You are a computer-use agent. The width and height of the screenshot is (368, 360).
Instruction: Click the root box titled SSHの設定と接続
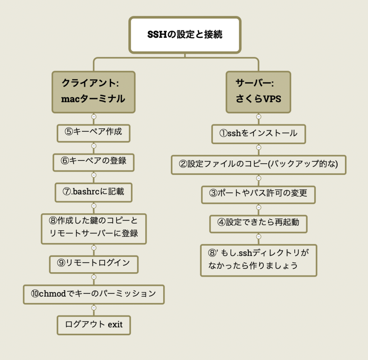(185, 35)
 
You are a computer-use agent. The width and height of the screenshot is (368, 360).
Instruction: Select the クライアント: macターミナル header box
(93, 92)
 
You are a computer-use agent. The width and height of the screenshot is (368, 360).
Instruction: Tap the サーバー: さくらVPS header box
(258, 92)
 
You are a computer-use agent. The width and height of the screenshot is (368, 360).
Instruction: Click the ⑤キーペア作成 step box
(93, 133)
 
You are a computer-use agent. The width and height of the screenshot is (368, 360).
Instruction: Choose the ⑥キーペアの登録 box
(93, 162)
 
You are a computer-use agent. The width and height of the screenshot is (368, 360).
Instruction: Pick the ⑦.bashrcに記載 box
(93, 192)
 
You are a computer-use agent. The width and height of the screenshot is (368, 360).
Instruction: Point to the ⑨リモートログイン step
(94, 264)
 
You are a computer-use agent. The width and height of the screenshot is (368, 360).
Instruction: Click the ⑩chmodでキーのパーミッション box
(94, 295)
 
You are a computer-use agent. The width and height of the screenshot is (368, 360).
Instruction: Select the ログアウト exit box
(94, 325)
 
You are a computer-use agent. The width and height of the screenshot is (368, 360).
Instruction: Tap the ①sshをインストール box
(259, 134)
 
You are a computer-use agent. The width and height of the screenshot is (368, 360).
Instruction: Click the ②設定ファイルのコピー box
(259, 165)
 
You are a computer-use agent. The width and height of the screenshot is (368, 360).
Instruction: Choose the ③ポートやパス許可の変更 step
(258, 195)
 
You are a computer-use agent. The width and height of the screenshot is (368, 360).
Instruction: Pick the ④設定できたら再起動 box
(258, 224)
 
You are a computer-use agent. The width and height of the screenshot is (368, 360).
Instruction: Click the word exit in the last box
(115, 324)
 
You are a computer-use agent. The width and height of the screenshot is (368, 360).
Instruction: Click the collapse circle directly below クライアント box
(94, 117)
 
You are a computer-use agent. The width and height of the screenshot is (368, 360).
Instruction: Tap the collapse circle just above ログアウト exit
(94, 308)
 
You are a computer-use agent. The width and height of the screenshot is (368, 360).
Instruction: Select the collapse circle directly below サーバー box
(259, 117)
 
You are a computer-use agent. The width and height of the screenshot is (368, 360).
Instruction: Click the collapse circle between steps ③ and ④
(259, 208)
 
